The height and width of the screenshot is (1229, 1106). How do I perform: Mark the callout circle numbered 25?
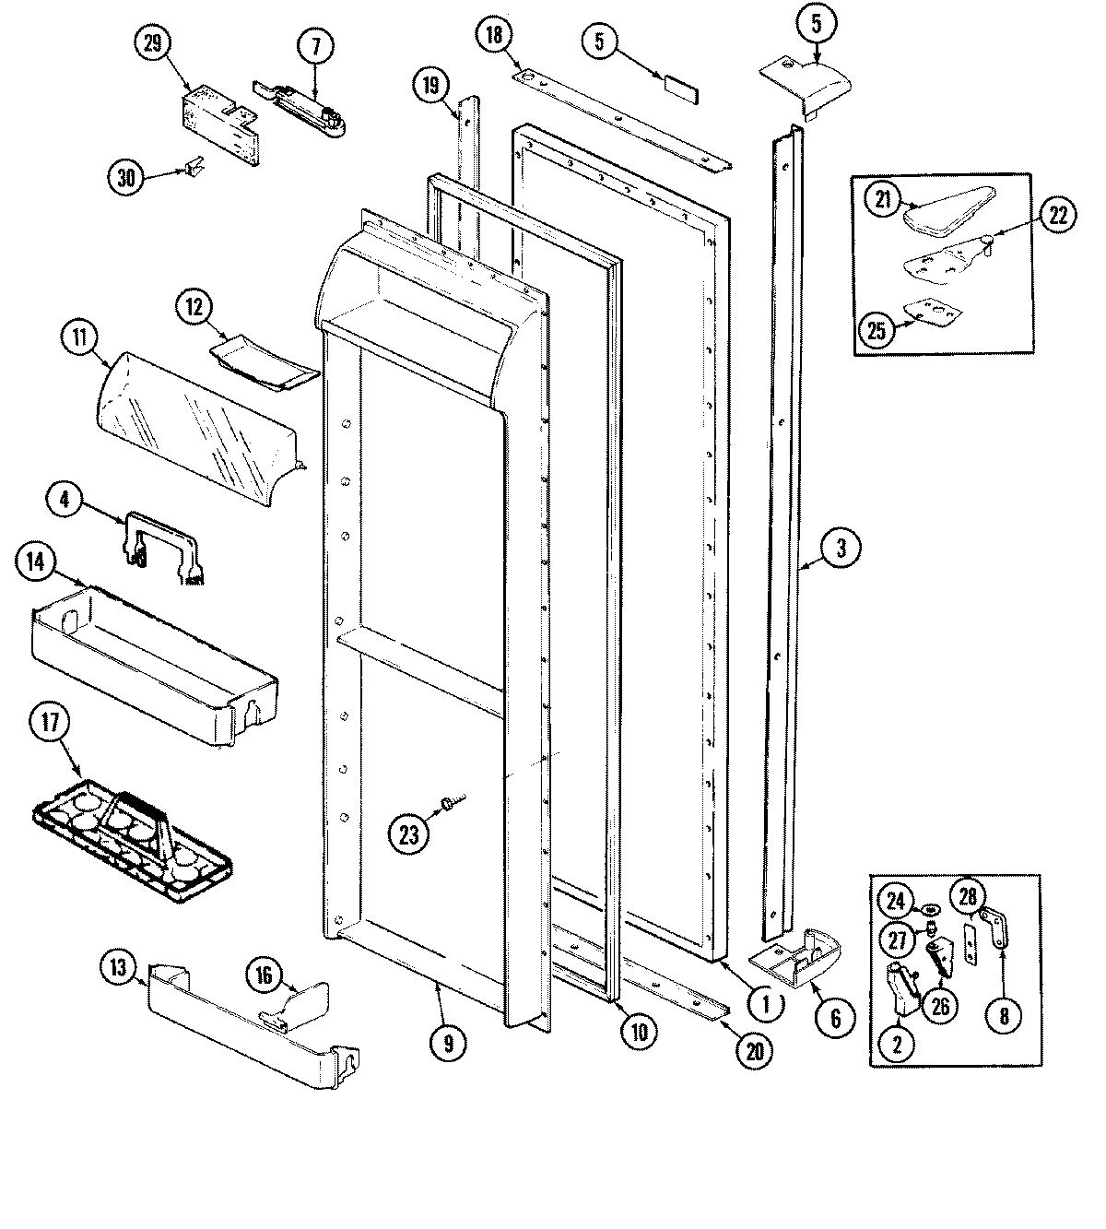(x=877, y=329)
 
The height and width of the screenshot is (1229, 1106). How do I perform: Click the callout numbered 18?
(x=495, y=37)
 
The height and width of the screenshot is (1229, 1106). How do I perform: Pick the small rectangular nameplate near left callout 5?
(x=679, y=86)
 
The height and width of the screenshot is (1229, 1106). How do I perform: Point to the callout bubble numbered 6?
(x=835, y=1018)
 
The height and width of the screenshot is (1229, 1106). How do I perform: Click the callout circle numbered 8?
(x=1004, y=1016)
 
